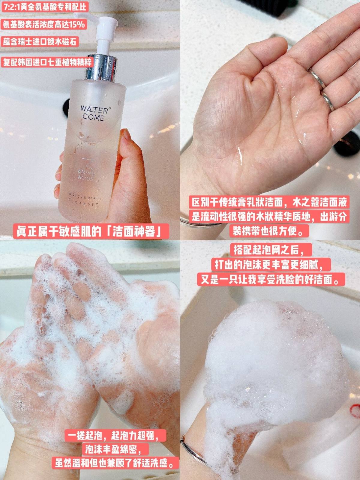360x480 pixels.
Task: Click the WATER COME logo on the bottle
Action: coord(93,113)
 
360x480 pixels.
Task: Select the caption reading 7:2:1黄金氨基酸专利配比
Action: coord(45,7)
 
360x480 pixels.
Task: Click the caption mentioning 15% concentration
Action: coord(44,24)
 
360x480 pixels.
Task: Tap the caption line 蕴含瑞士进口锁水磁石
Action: coord(40,41)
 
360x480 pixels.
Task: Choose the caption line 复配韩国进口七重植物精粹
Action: coord(47,62)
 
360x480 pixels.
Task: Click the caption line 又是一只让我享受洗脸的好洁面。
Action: coord(271,280)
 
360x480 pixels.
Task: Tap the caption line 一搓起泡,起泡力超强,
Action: coord(115,435)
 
